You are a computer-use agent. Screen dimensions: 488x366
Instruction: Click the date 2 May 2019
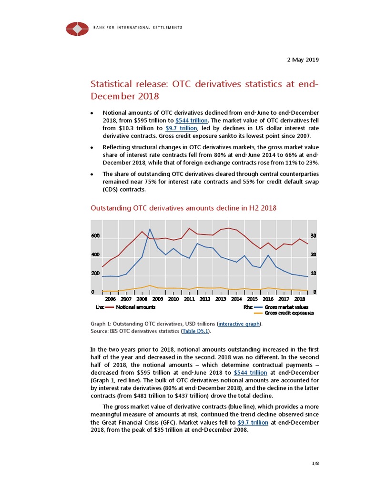[302, 60]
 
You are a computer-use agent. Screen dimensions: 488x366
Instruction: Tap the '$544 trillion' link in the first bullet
[191, 121]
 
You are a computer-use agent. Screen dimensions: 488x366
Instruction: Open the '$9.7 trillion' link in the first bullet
[181, 128]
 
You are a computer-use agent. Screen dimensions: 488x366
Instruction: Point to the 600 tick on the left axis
[95, 236]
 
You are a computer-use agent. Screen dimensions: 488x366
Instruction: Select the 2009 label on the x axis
[157, 299]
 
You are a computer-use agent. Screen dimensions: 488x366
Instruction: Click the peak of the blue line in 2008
[150, 229]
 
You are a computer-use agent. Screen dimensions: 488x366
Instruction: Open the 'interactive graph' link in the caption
[239, 324]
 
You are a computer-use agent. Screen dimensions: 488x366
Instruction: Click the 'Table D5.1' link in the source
[197, 331]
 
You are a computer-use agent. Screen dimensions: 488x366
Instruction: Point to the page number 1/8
[315, 463]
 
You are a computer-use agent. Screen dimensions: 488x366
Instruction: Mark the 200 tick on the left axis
[95, 274]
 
